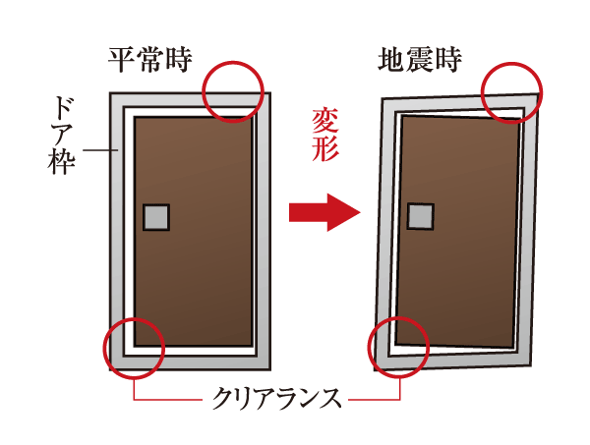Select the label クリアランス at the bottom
[x=279, y=399]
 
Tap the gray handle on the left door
[x=156, y=216]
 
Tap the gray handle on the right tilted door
[x=421, y=215]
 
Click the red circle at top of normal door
[x=233, y=87]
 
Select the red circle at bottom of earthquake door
[x=398, y=346]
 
